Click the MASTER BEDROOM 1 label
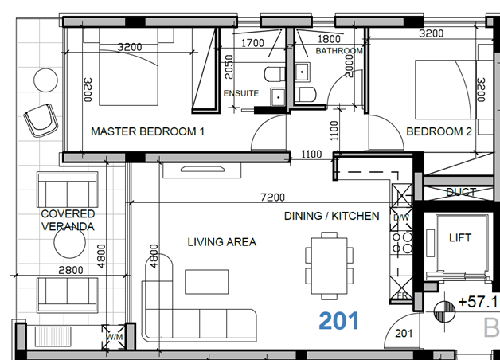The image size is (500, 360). [x=148, y=131]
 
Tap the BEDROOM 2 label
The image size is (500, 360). [x=439, y=131]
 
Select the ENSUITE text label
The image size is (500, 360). [x=240, y=93]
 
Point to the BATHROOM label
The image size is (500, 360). [x=339, y=51]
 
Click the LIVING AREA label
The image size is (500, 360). [x=221, y=241]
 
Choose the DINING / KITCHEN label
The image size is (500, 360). [x=332, y=216]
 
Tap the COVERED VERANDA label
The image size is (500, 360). [x=68, y=221]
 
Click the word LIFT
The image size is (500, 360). [x=461, y=237]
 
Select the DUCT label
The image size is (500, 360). [x=461, y=192]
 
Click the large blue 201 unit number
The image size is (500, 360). [x=339, y=321]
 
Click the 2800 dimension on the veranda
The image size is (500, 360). [x=71, y=271]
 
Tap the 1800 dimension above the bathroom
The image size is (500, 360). [x=329, y=38]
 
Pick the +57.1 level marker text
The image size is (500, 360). [x=477, y=303]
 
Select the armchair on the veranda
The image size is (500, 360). [x=40, y=120]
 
